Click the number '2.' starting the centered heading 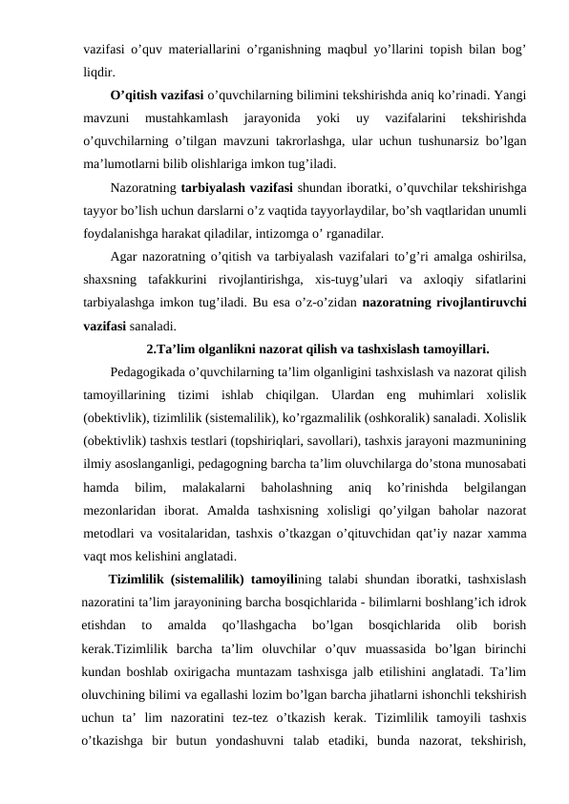[x=153, y=348]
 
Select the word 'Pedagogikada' [x=152, y=371]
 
